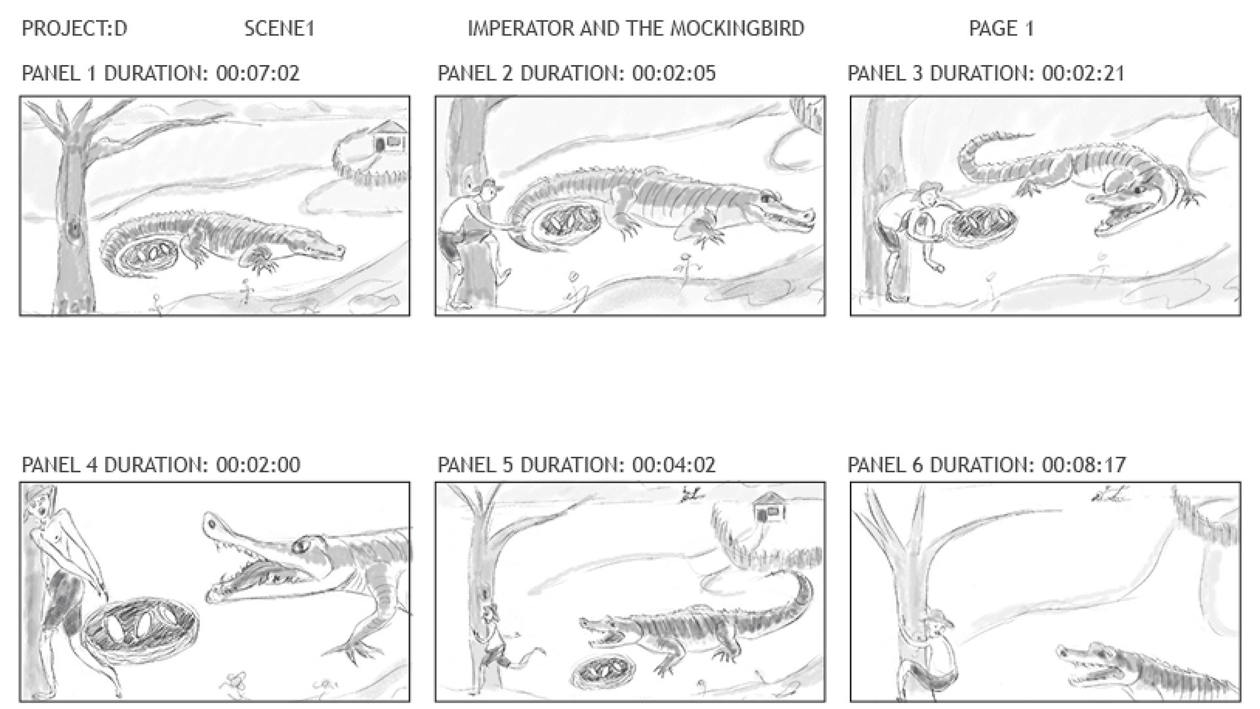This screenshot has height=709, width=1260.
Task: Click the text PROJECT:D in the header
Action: click(x=74, y=28)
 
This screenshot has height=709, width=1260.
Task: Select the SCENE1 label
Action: click(x=280, y=28)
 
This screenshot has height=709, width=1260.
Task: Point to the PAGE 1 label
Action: click(x=1001, y=28)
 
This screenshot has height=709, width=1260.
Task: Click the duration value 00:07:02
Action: click(x=258, y=73)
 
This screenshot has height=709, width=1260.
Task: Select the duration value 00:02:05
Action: click(x=674, y=73)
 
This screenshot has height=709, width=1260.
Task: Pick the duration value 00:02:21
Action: click(x=1083, y=73)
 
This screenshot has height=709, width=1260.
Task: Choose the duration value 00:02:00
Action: click(x=258, y=465)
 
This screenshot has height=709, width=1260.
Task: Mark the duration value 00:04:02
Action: click(x=674, y=465)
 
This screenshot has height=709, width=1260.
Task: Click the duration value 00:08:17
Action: click(x=1083, y=465)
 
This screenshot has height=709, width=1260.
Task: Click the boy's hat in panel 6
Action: click(x=938, y=620)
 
